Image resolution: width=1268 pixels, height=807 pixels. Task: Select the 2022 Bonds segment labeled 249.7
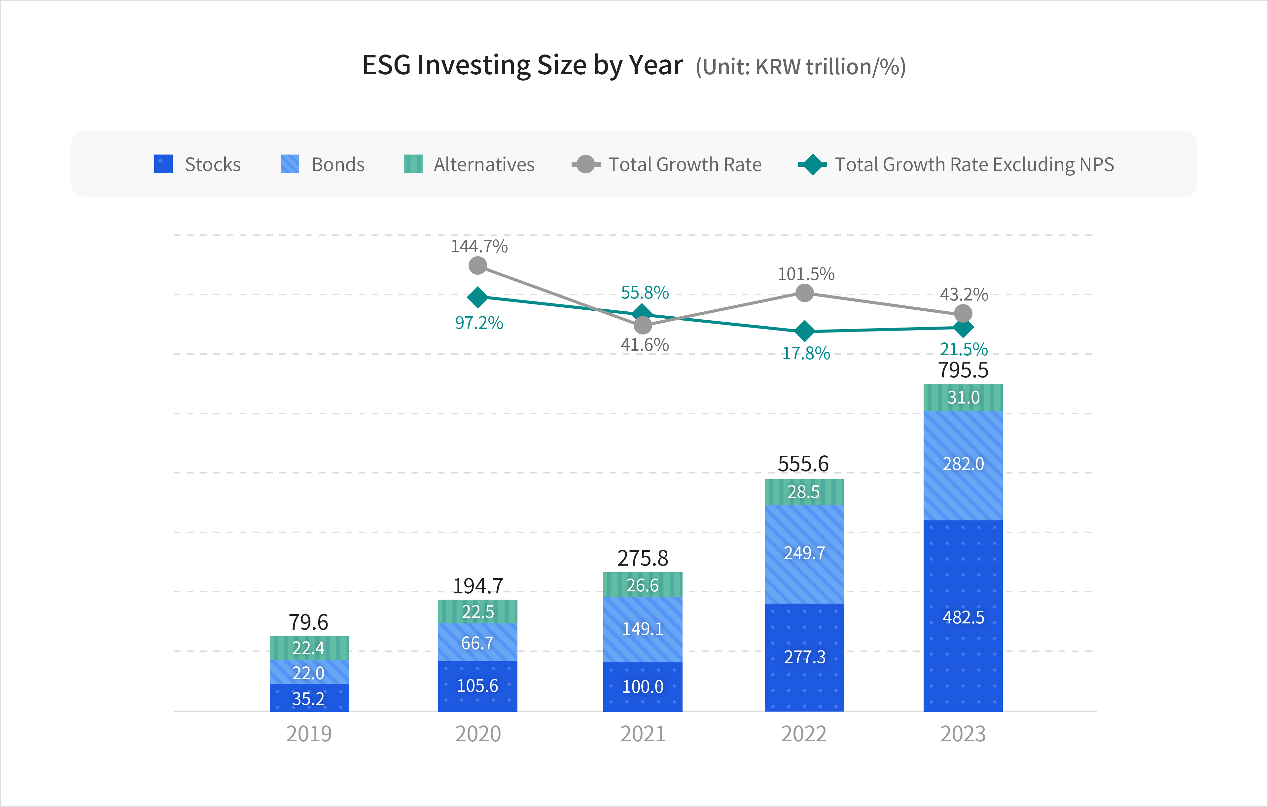(804, 553)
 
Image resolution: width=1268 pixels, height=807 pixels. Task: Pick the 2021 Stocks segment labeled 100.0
(643, 686)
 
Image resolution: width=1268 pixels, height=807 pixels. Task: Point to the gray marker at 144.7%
(477, 266)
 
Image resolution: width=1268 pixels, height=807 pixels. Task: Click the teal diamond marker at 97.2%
(477, 298)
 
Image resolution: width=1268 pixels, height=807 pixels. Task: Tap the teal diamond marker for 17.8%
(804, 331)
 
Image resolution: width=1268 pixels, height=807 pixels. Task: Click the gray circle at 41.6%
(643, 325)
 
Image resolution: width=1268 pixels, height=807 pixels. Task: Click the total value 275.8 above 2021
(643, 558)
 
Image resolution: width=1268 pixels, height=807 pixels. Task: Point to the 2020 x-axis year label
(477, 733)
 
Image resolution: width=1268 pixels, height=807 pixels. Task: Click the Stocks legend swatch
(163, 164)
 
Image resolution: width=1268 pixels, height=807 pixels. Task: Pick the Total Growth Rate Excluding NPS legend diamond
(813, 164)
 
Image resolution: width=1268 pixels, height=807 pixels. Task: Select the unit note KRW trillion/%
(800, 67)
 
